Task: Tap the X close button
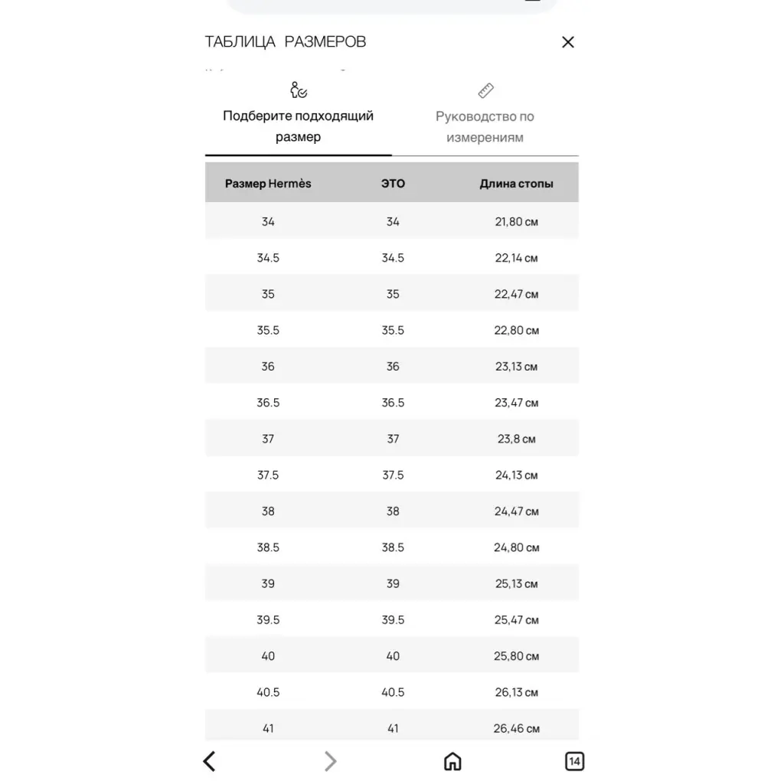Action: click(x=567, y=42)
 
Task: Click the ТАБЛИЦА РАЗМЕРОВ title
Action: click(x=286, y=41)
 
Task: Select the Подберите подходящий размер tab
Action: click(x=299, y=126)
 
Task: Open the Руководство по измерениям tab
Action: click(x=485, y=127)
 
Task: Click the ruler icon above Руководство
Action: click(x=485, y=91)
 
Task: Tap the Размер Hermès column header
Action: click(x=268, y=184)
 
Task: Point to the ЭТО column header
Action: click(x=393, y=184)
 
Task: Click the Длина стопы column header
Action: click(x=516, y=184)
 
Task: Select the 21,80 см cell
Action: click(x=516, y=222)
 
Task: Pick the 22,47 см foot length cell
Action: click(x=516, y=294)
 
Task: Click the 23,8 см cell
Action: click(x=516, y=439)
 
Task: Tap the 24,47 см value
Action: click(x=516, y=511)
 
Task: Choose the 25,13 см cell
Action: click(x=516, y=583)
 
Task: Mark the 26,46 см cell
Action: click(x=516, y=728)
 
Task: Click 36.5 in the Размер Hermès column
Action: click(x=268, y=403)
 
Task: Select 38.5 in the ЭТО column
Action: click(x=393, y=547)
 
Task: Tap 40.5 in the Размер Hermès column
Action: click(x=268, y=692)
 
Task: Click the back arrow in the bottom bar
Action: click(x=209, y=761)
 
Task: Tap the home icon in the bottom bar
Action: click(x=452, y=761)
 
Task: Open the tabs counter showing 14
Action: click(x=574, y=761)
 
